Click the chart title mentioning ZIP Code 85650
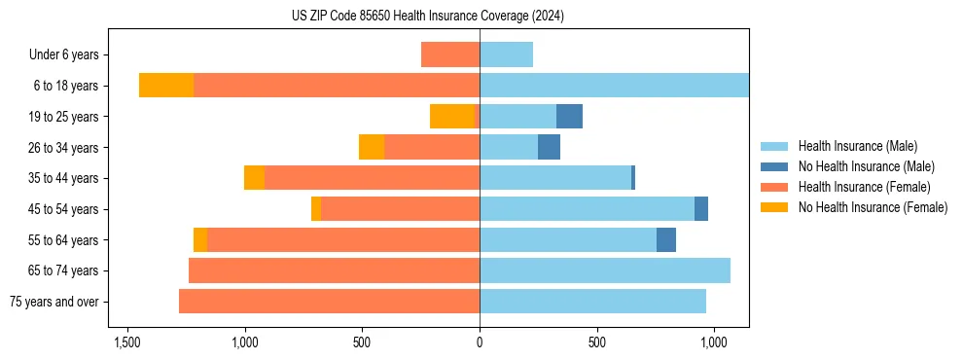click(x=427, y=17)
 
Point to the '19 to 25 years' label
click(x=63, y=117)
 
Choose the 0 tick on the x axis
click(x=480, y=343)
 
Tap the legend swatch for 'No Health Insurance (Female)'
click(x=774, y=207)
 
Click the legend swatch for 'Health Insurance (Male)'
click(x=774, y=146)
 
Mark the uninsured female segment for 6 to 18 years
click(x=166, y=86)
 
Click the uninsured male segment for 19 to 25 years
click(x=569, y=117)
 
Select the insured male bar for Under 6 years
click(x=506, y=54)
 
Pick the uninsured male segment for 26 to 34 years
click(x=549, y=147)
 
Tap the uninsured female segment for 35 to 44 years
click(x=254, y=178)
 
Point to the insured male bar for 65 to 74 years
click(x=604, y=270)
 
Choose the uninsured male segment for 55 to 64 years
click(x=666, y=239)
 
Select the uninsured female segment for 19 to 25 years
click(x=451, y=117)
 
